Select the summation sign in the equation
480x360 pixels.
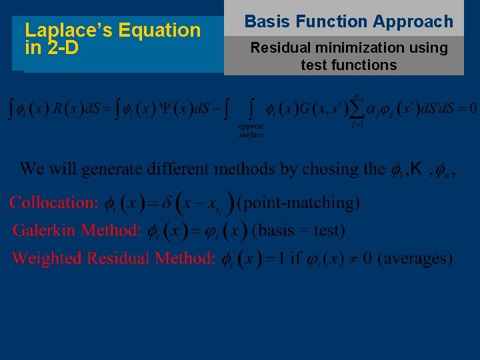coord(360,108)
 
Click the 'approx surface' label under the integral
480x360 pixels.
coord(251,130)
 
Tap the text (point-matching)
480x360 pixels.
coord(298,202)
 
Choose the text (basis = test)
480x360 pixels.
coord(299,231)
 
